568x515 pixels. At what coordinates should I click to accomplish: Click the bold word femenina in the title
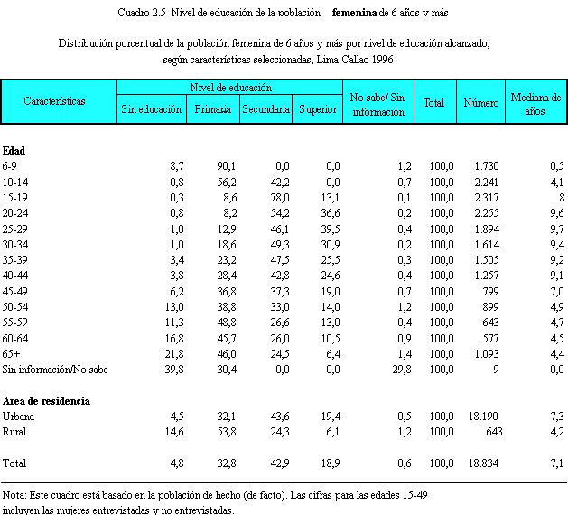[x=360, y=13]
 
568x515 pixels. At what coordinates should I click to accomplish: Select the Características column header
[x=55, y=101]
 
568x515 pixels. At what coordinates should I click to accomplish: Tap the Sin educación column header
[x=152, y=109]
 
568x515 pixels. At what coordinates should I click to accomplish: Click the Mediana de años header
[x=536, y=102]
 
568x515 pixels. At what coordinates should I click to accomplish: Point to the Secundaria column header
[x=265, y=109]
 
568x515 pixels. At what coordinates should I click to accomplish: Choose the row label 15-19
[x=15, y=197]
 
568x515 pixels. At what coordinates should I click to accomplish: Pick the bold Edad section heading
[x=14, y=150]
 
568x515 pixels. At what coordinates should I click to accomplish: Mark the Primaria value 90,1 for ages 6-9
[x=226, y=166]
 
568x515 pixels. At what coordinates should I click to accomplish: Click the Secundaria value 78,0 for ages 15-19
[x=279, y=197]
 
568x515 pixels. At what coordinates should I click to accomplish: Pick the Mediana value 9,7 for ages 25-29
[x=556, y=229]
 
